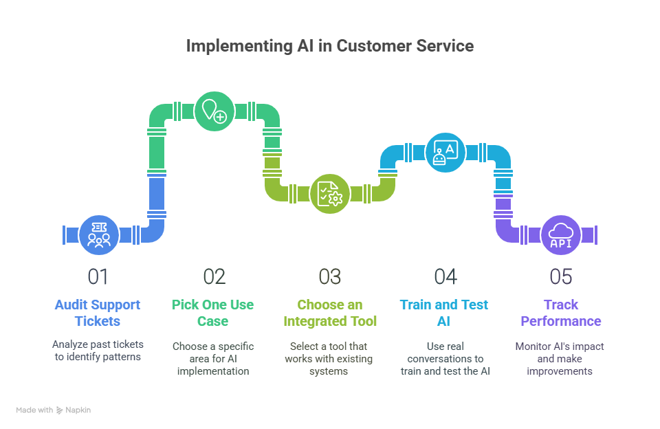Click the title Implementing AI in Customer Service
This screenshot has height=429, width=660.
[x=330, y=46]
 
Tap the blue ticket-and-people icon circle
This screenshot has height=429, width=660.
[x=99, y=234]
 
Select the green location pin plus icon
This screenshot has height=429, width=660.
[x=214, y=111]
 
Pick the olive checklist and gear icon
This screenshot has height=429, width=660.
[x=330, y=193]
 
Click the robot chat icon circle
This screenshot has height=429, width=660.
[x=445, y=152]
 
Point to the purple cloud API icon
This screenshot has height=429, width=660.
[x=561, y=234]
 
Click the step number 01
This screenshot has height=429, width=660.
[x=98, y=276]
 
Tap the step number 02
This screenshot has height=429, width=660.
[x=214, y=276]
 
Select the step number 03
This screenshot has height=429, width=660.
[x=330, y=276]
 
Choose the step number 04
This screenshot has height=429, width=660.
[x=445, y=276]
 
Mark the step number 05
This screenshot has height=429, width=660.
[x=561, y=276]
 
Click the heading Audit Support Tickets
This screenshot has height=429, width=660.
[x=98, y=313]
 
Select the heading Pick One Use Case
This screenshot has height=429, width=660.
[x=213, y=313]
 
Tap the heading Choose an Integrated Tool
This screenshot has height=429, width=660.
[x=329, y=313]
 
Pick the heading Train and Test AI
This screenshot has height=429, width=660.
[x=445, y=313]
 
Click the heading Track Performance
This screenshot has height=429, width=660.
[x=560, y=313]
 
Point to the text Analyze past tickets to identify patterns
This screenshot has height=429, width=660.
[x=98, y=351]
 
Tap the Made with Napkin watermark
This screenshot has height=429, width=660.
[x=54, y=410]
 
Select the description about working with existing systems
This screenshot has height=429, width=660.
[x=329, y=358]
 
